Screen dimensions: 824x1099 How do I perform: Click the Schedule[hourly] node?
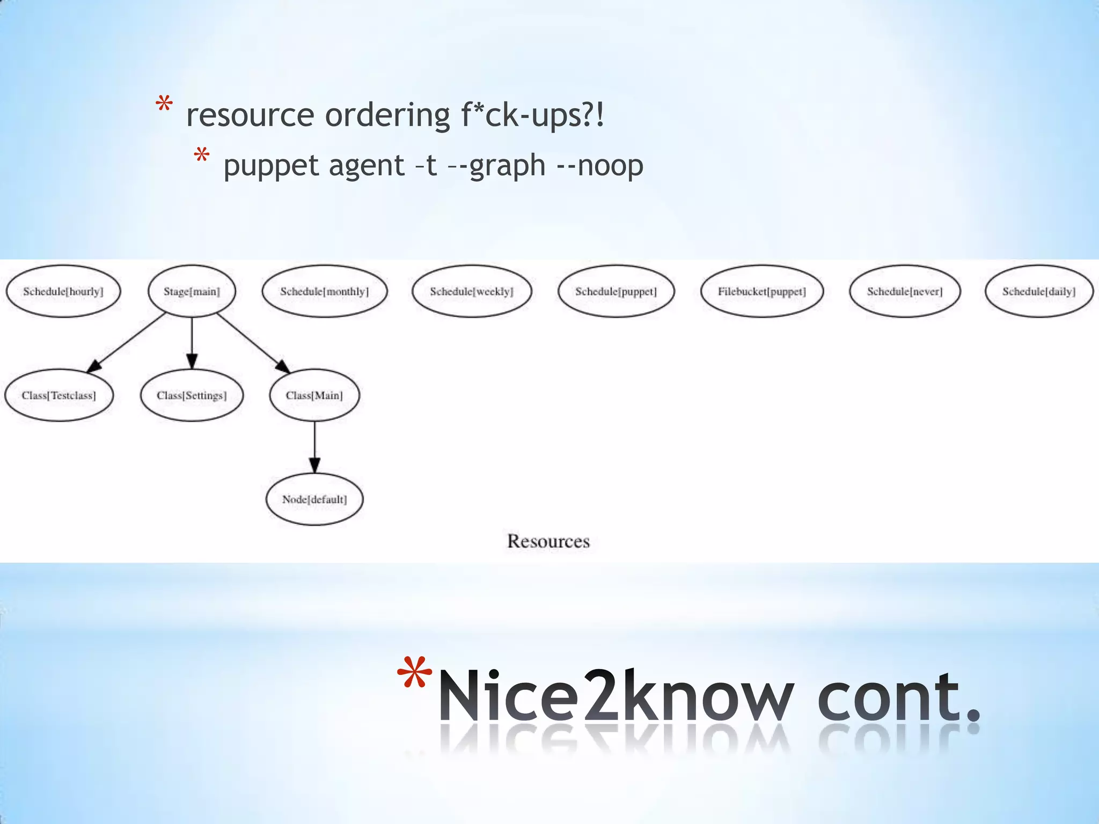[63, 291]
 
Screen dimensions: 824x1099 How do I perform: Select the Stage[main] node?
[192, 291]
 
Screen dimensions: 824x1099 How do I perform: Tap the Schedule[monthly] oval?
[324, 291]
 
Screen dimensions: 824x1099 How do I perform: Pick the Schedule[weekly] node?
[472, 291]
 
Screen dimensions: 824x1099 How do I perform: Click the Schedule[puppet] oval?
[616, 291]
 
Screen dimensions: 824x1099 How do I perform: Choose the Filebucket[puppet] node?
[762, 291]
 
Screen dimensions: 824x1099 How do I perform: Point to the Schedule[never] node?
[905, 291]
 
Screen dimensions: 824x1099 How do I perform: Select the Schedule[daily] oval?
[1039, 291]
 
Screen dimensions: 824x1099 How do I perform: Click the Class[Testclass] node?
[59, 395]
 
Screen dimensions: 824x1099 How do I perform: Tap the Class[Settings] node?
[192, 395]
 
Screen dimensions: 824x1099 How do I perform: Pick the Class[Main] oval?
[314, 395]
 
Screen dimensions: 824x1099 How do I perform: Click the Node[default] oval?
[314, 499]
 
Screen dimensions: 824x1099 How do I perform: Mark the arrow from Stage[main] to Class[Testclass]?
[127, 342]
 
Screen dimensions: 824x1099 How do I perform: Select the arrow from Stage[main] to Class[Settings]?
[192, 342]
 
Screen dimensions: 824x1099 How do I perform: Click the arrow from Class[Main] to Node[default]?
[315, 446]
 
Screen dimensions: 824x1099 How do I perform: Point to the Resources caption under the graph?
[548, 541]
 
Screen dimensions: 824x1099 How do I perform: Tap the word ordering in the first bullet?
[387, 115]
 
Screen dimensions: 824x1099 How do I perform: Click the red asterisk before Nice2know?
[414, 673]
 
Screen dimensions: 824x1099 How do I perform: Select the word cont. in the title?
[898, 697]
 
